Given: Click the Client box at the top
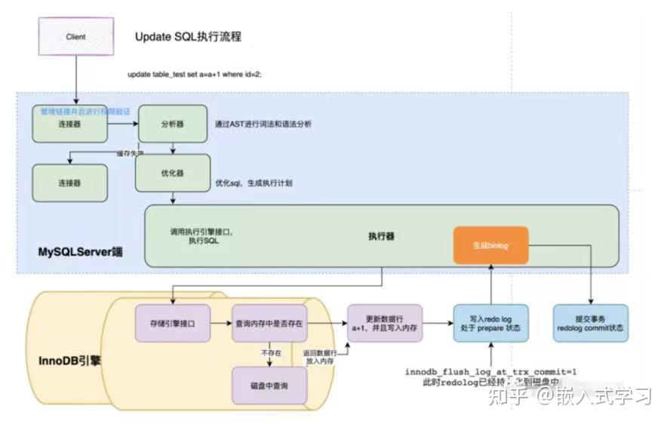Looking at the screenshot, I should (75, 36).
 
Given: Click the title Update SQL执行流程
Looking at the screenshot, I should (188, 37).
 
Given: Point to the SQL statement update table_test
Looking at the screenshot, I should (195, 75).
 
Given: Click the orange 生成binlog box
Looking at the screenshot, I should (490, 245).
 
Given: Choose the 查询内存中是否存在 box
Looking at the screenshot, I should (269, 323).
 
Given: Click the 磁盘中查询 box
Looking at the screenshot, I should (269, 385).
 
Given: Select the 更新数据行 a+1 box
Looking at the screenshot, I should (383, 324).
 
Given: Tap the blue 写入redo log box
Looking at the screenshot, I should (490, 324).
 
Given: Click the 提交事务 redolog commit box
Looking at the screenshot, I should (590, 324).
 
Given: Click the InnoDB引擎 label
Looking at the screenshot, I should (70, 360).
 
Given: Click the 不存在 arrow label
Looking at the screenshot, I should (271, 351).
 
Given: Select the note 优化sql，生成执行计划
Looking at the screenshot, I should (254, 183).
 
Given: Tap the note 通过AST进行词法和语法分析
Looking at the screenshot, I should (263, 124).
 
